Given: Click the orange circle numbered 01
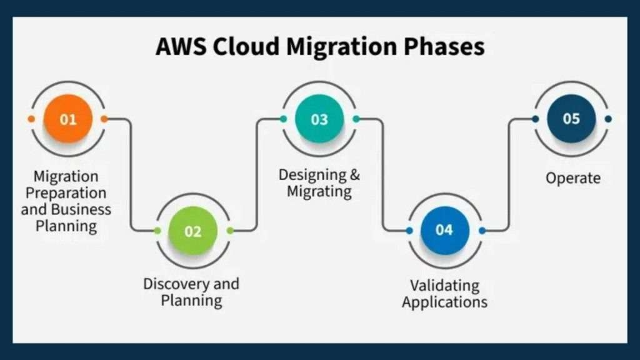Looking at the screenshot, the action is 68,119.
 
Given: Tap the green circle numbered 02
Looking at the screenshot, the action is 193,231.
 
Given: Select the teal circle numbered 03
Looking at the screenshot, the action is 319,119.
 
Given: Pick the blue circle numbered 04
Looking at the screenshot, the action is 445,231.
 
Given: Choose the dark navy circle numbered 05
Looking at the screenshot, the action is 571,119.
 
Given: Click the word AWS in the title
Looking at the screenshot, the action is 180,46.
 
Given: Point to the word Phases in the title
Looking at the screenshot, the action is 444,46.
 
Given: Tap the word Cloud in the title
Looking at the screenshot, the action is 246,46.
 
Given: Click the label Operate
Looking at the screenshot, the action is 573,178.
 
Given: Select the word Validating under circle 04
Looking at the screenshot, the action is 444,286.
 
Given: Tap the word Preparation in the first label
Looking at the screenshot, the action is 66,193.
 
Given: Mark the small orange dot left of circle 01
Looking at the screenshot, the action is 31,119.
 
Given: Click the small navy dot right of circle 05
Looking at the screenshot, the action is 608,119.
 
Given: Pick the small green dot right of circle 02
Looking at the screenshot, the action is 230,231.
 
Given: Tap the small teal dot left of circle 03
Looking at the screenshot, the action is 283,119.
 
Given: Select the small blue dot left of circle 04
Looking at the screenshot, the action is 409,231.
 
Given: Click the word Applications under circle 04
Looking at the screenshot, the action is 444,302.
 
